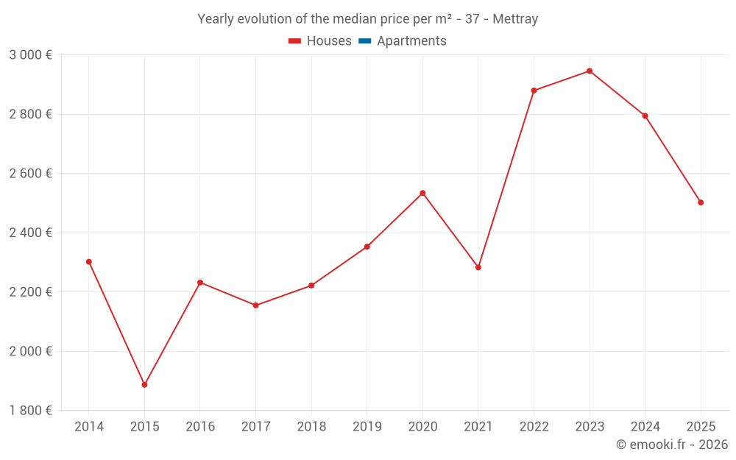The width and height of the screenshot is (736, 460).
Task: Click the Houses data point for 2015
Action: [144, 385]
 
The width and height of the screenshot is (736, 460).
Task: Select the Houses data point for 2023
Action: [590, 71]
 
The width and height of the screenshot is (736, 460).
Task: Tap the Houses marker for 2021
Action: [478, 267]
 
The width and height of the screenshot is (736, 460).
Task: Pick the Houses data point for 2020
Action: [422, 193]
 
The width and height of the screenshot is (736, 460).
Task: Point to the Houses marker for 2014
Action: [89, 262]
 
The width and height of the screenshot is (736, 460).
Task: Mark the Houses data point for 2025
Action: [701, 202]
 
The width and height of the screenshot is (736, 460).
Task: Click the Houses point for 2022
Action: [534, 91]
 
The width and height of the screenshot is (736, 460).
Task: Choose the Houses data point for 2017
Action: [255, 305]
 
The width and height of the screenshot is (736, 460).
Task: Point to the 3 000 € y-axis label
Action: [30, 55]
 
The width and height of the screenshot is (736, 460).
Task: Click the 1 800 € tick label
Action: [30, 411]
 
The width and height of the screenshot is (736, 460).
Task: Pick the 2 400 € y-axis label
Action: [30, 233]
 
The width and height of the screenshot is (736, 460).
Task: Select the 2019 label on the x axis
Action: [367, 427]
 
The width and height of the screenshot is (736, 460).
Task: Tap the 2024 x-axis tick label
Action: [645, 427]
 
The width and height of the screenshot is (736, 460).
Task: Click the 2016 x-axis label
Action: [200, 427]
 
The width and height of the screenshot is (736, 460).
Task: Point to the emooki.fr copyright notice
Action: [671, 445]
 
